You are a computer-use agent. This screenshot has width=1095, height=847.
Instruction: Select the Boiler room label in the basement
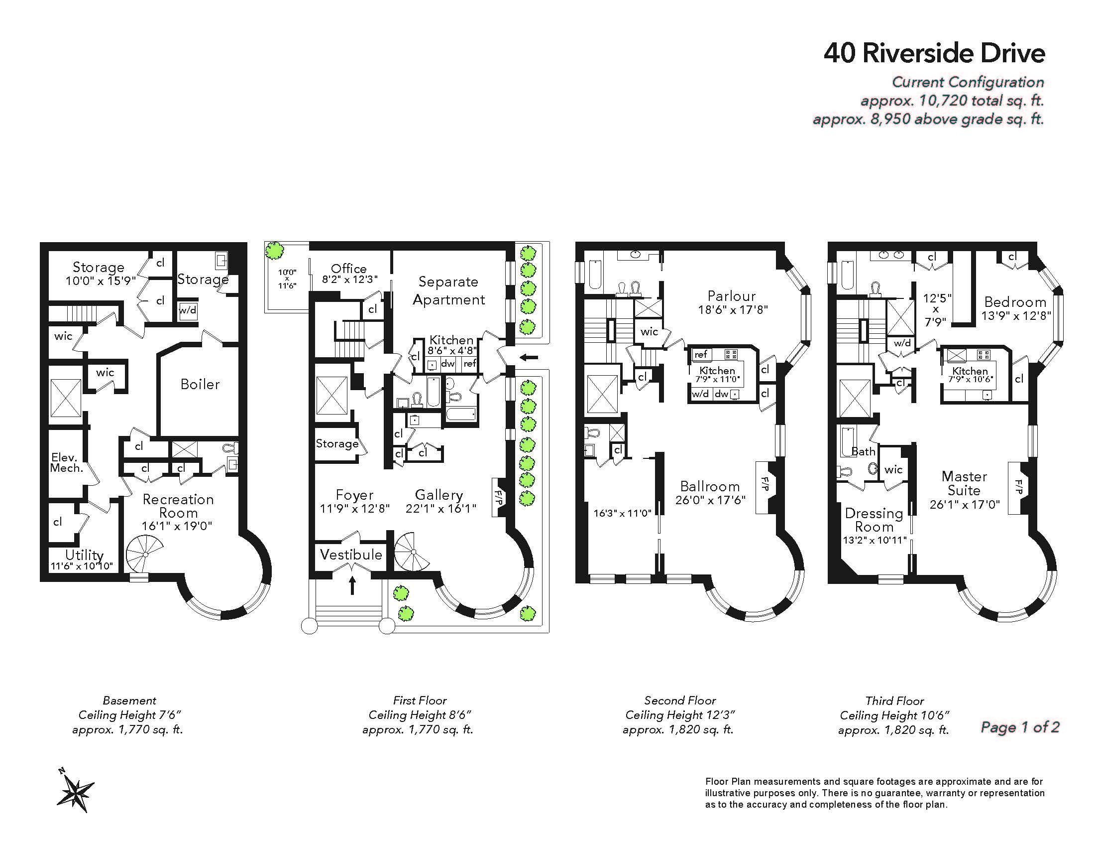coord(200,384)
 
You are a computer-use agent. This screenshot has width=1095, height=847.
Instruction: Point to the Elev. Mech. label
coord(67,463)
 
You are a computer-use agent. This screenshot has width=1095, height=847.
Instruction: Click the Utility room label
coord(84,555)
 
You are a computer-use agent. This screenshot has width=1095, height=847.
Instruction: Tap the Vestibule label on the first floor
coord(351,555)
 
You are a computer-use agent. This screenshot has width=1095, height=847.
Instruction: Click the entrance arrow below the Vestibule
coord(352,585)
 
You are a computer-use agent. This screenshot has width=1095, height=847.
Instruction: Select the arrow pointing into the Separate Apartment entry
coord(529,358)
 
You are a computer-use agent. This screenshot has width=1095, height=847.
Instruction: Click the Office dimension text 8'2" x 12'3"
coord(349,280)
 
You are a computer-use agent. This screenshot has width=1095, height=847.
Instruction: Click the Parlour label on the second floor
coord(732,296)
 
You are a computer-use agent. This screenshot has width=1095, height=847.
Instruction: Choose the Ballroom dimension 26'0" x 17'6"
coord(710,500)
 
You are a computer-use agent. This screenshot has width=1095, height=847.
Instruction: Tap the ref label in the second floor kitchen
coord(700,354)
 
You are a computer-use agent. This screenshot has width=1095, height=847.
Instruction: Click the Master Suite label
coord(964,483)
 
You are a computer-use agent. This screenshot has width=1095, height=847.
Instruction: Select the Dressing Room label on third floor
coord(874,520)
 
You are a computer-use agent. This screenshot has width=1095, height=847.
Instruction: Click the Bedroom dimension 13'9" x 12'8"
coord(1016,316)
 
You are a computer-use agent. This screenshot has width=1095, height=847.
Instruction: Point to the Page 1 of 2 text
coord(1020,727)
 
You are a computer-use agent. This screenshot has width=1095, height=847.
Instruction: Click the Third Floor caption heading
coord(894,701)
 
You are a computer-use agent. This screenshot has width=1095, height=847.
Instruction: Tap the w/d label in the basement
coord(188,310)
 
